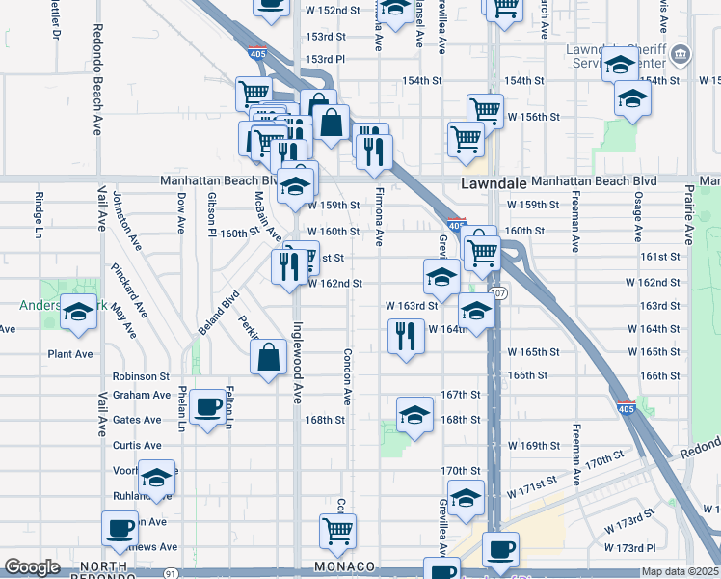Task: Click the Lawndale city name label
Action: point(493,182)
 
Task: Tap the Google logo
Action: point(32,567)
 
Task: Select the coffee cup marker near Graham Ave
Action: point(207,408)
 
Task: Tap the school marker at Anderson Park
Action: point(79,312)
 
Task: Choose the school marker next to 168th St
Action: point(414,416)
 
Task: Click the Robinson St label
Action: point(141,376)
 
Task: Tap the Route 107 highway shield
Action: point(496,291)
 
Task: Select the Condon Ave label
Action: point(345,376)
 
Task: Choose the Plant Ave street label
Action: point(70,354)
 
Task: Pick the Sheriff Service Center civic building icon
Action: point(681,53)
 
